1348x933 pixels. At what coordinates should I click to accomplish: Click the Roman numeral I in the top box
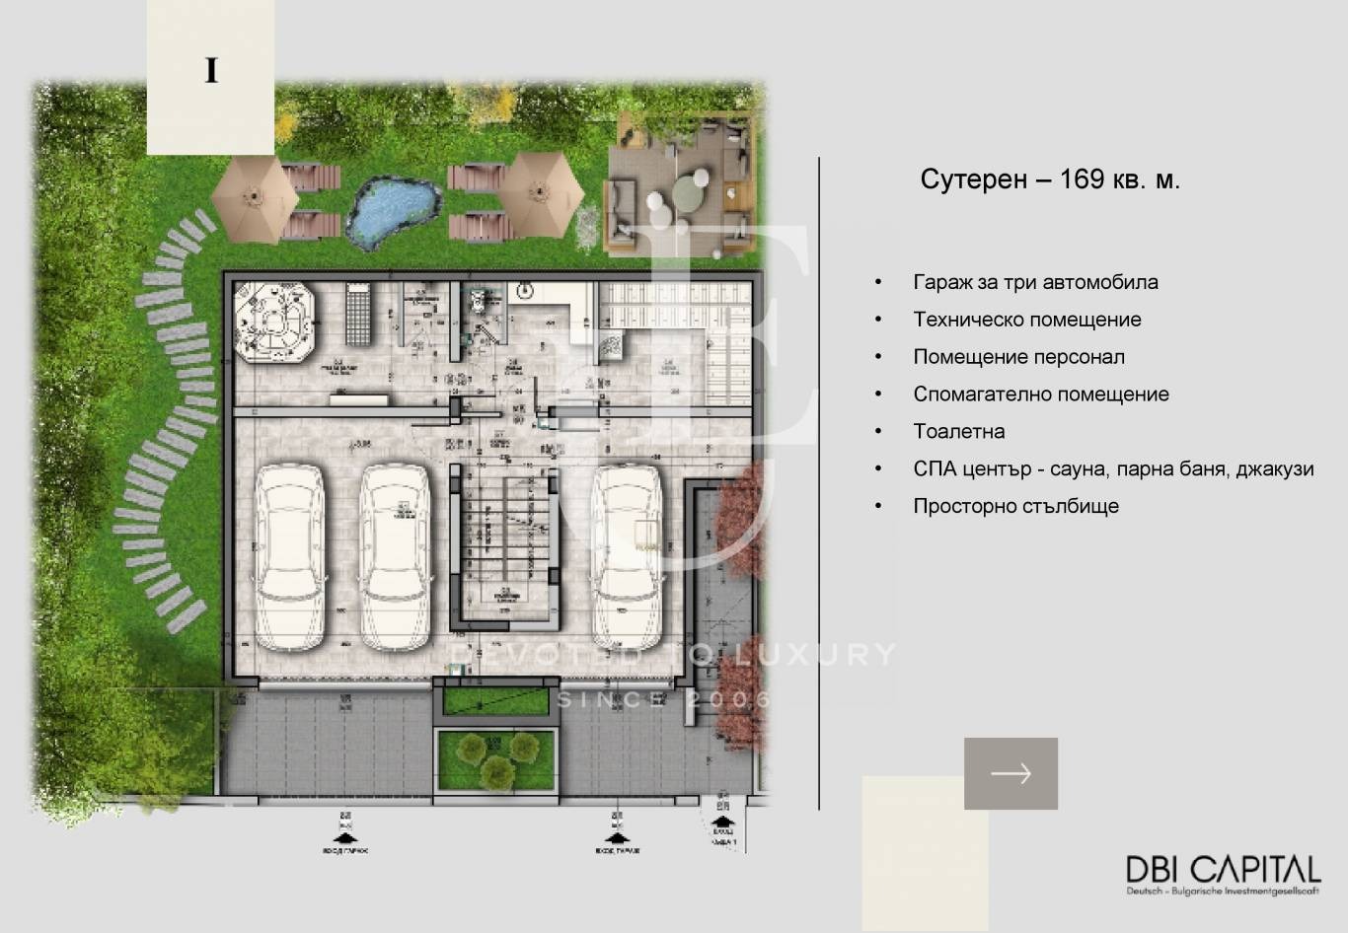(211, 71)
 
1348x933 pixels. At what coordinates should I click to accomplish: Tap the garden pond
(393, 211)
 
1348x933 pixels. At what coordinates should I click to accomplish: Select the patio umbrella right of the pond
(539, 190)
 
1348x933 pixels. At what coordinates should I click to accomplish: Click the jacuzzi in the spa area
(274, 323)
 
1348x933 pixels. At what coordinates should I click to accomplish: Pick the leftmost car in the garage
(289, 557)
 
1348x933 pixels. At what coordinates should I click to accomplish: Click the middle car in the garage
(395, 557)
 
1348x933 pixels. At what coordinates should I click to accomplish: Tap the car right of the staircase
(627, 557)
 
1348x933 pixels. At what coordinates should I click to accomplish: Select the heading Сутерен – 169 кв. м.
(1050, 179)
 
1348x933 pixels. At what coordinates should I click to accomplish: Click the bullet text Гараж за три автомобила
(1035, 282)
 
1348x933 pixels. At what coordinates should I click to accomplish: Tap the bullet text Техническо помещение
(1026, 320)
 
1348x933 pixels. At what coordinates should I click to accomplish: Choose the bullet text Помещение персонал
(1018, 357)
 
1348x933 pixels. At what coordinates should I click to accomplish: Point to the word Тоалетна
(958, 431)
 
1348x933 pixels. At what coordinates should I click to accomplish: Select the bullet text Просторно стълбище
(1015, 506)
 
